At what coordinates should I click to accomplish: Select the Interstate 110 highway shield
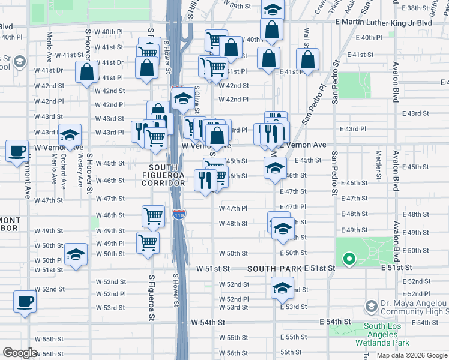coord(179,214)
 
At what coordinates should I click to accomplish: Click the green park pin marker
coord(348,260)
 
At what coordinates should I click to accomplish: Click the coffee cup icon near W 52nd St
coord(25,302)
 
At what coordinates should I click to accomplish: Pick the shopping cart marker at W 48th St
coord(154,216)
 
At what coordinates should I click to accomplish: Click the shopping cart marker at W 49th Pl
coord(148,242)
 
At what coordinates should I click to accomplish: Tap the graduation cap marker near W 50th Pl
coord(76,254)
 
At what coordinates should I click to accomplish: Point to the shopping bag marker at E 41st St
coord(307,60)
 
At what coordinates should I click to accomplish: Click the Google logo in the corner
coord(20,353)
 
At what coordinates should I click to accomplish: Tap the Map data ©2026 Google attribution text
coord(412,355)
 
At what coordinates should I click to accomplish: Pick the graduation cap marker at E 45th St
coord(275,167)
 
